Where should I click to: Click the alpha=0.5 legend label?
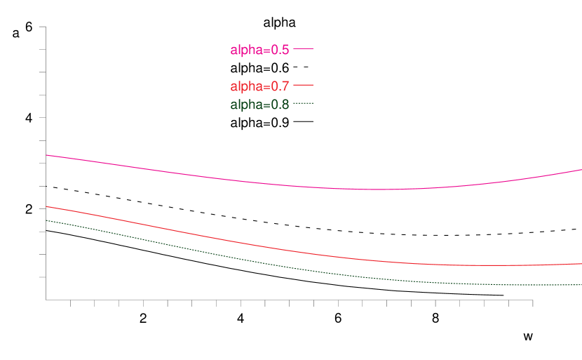(x=259, y=50)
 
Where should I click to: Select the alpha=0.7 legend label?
(x=259, y=86)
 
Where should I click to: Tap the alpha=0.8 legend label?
(x=259, y=105)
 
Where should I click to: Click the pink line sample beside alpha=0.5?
(x=303, y=48)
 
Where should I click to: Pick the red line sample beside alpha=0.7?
(x=303, y=85)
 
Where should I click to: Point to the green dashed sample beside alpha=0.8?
(x=303, y=103)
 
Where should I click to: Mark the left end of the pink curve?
(x=46, y=155)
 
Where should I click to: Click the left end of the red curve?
(x=46, y=206)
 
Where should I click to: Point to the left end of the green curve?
(x=46, y=220)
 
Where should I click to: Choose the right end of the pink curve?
(x=581, y=170)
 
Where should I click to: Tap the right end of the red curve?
(x=581, y=264)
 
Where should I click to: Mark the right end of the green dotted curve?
(x=581, y=285)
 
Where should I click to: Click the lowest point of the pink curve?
(x=372, y=189)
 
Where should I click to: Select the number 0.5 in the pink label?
(x=280, y=50)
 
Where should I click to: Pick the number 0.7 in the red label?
(x=280, y=86)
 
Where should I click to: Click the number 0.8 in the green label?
(x=280, y=105)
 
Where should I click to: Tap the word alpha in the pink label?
(x=246, y=50)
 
